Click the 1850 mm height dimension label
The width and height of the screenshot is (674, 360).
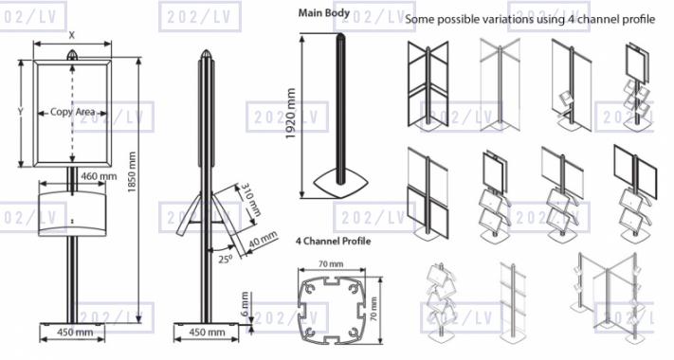(132, 171)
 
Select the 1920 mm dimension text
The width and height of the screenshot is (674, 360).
(291, 114)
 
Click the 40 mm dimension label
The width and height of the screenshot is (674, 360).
(264, 240)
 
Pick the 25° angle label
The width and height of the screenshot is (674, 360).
(225, 259)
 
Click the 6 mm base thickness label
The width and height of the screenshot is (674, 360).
(245, 304)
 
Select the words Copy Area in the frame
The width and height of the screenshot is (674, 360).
(72, 112)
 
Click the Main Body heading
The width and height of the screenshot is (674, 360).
(324, 13)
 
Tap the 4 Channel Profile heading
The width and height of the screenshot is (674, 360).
(333, 241)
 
